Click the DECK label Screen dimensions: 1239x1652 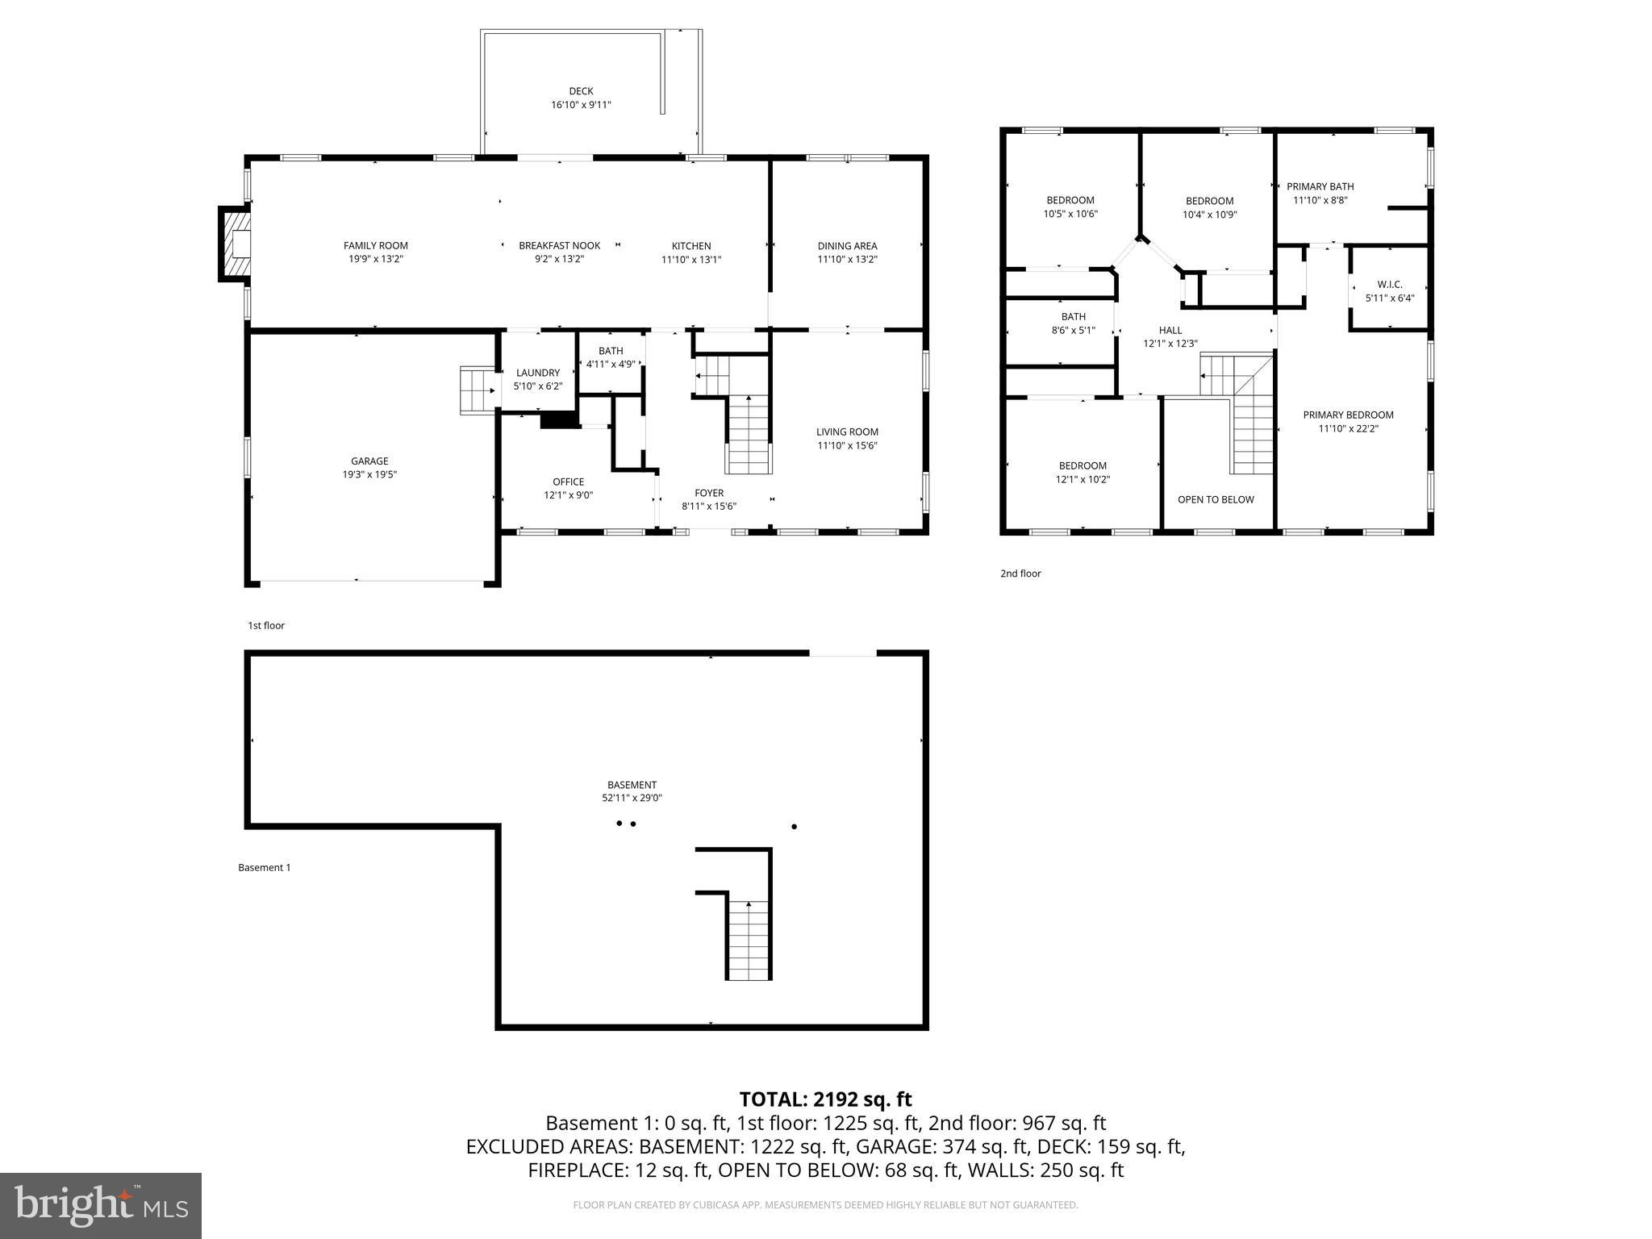click(x=581, y=91)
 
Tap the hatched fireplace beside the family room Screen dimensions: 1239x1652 click(x=236, y=244)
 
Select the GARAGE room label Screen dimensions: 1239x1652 click(x=369, y=461)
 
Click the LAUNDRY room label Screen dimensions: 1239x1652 click(x=538, y=373)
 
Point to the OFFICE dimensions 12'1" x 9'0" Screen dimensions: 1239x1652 click(x=568, y=495)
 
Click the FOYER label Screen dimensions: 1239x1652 click(x=709, y=493)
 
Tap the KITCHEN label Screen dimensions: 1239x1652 click(x=691, y=246)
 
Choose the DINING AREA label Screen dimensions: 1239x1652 click(x=847, y=246)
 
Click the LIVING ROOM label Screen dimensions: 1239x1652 click(x=847, y=432)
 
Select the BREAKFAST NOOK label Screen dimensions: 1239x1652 click(x=559, y=246)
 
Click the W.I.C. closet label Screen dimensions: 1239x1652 click(x=1390, y=285)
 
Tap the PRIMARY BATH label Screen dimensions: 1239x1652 click(x=1320, y=186)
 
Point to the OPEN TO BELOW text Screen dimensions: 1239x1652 click(x=1216, y=499)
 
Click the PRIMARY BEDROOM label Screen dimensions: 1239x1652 click(x=1348, y=415)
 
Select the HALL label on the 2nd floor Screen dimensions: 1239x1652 click(x=1170, y=330)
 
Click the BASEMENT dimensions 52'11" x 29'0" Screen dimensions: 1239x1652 click(x=632, y=798)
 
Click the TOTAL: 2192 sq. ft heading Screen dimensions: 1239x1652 click(x=825, y=1099)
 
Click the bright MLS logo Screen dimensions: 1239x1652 click(x=101, y=1205)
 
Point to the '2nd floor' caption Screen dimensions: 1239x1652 click(x=1020, y=574)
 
